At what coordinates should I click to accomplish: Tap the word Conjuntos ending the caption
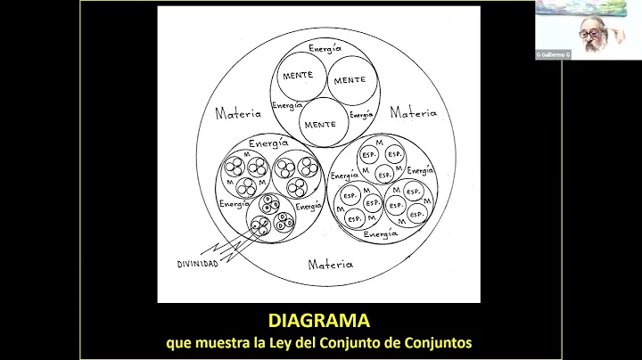pos(440,341)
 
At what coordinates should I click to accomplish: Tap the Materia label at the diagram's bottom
pos(330,265)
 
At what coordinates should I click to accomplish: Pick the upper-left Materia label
pos(239,113)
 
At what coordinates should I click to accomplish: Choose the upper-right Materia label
pos(414,113)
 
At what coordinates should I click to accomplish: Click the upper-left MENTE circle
pos(297,75)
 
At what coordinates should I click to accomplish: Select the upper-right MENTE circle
pos(350,80)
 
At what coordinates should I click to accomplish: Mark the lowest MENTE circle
pos(319,124)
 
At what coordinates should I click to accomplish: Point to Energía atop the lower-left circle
pos(268,143)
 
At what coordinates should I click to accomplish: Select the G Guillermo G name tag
pos(553,54)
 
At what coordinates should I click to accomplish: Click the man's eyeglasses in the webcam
pos(591,34)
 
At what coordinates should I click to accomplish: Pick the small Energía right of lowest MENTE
pos(361,115)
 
